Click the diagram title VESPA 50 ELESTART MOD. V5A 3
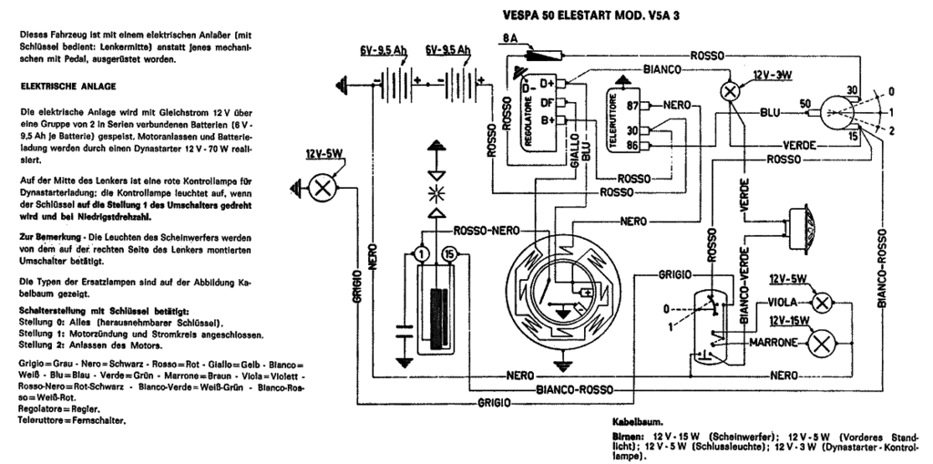pos(590,16)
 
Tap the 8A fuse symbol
pos(544,56)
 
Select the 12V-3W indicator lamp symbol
pos(730,91)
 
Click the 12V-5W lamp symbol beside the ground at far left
pos(323,188)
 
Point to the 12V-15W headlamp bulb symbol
pos(822,344)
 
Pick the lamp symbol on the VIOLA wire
pos(822,303)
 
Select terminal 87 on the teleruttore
pos(632,106)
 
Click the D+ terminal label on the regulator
pos(547,83)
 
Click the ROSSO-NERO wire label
pos(487,231)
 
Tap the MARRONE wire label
pos(773,343)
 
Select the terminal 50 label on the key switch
pos(805,104)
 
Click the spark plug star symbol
pos(437,193)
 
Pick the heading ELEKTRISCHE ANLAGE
pos(67,87)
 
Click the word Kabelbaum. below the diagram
pos(637,421)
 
